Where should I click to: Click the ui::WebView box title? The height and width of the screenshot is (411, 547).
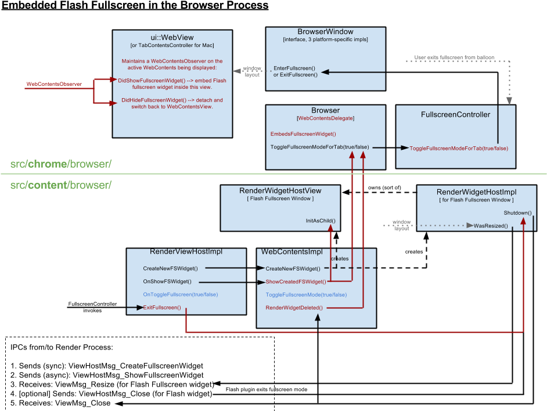[x=172, y=37]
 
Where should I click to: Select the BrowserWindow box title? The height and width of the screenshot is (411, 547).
[x=326, y=31]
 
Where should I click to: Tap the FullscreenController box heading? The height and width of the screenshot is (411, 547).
[x=456, y=114]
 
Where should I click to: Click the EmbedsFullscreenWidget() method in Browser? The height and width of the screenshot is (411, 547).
[x=303, y=134]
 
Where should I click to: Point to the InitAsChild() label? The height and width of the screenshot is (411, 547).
[x=321, y=221]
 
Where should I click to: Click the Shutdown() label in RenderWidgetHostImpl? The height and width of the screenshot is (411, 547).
[x=518, y=213]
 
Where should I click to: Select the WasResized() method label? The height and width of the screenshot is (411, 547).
[x=491, y=226]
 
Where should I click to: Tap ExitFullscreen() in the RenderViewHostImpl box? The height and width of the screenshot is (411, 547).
[x=162, y=307]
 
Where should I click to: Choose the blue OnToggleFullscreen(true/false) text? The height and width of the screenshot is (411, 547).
[x=181, y=294]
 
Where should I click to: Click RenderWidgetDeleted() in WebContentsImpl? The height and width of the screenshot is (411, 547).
[x=294, y=308]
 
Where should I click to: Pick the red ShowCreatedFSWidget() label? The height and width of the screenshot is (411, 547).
[x=296, y=282]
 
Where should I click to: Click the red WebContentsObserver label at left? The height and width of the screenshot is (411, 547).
[x=54, y=84]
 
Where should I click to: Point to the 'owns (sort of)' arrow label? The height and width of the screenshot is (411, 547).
[x=384, y=188]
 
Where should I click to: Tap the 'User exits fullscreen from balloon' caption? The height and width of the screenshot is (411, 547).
[x=454, y=57]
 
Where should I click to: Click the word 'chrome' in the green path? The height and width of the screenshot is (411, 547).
[x=48, y=164]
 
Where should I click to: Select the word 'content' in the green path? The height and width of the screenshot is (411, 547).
[x=48, y=185]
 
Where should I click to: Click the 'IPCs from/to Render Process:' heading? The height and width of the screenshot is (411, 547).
[x=62, y=347]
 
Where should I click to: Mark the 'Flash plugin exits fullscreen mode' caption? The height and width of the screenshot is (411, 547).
[x=267, y=390]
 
